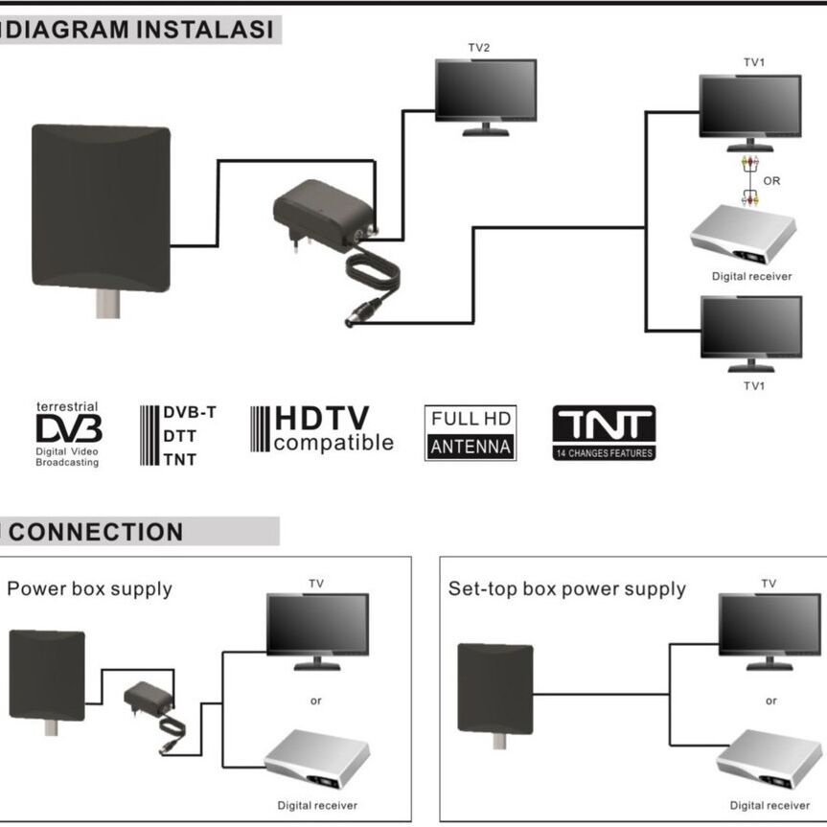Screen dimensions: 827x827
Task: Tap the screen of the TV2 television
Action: (485, 90)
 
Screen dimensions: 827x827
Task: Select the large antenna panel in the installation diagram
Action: (101, 207)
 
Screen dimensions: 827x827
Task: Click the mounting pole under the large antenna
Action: (106, 306)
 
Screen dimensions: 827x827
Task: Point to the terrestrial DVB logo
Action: (68, 434)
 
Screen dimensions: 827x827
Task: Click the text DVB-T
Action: (189, 413)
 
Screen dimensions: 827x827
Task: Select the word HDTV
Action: (322, 419)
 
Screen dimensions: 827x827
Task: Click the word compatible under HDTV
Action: (333, 443)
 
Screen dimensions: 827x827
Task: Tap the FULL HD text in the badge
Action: (471, 419)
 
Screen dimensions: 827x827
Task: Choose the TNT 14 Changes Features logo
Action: (604, 433)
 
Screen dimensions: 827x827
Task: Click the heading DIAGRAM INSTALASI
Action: (139, 30)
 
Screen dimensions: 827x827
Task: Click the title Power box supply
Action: (90, 588)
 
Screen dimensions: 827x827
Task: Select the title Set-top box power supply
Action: (567, 588)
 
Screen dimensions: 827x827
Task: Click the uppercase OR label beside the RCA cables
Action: (771, 180)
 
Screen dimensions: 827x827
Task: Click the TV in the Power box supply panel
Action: (317, 626)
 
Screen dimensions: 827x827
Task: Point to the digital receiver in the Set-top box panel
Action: (770, 759)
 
